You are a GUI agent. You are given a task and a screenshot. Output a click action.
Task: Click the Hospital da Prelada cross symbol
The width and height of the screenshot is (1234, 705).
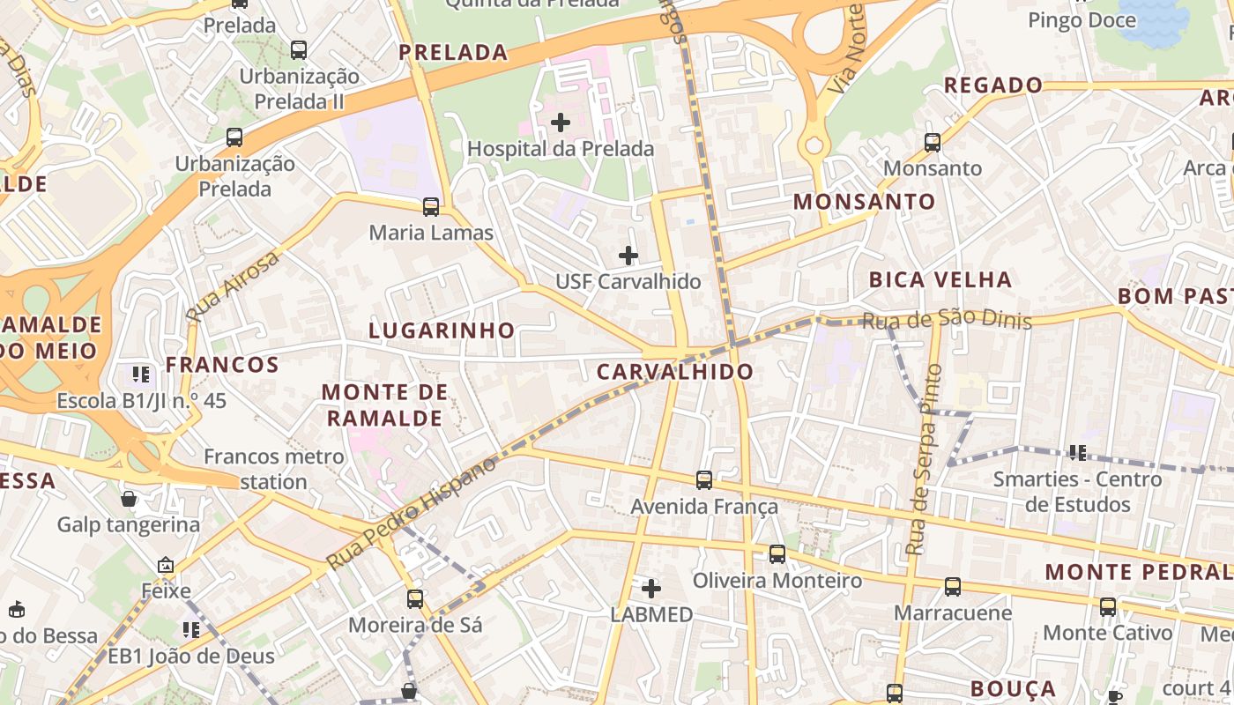click(561, 122)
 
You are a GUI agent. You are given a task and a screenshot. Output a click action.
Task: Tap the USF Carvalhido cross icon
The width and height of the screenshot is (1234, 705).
click(628, 256)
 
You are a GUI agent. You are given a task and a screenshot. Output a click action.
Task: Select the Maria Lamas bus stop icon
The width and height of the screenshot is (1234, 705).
click(431, 207)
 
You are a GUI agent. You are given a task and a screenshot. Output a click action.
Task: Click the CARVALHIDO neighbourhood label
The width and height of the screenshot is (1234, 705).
click(675, 372)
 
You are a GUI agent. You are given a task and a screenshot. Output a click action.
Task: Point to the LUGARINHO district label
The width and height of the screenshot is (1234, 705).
click(442, 330)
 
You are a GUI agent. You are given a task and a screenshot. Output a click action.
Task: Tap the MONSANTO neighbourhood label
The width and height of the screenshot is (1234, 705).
click(864, 202)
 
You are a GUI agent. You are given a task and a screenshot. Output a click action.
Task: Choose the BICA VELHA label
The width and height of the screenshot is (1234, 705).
click(940, 280)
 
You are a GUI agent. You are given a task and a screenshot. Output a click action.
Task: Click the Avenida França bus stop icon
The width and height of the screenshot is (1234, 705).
click(704, 480)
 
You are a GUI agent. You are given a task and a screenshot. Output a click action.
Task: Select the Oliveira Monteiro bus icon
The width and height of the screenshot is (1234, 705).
click(777, 554)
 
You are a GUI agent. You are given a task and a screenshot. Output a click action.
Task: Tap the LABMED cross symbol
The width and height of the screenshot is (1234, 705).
click(651, 588)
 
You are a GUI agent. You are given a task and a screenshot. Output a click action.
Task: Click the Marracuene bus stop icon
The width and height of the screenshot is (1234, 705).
click(952, 587)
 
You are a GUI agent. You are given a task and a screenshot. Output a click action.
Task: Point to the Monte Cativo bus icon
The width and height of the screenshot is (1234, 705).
click(1108, 607)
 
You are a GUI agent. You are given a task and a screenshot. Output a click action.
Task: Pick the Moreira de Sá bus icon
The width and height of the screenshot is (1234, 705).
click(415, 599)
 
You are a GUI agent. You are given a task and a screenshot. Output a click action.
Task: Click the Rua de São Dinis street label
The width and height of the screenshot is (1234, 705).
click(947, 320)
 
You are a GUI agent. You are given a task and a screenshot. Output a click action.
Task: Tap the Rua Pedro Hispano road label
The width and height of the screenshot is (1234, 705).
click(412, 512)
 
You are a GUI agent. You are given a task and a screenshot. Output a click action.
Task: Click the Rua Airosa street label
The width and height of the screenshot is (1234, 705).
click(232, 286)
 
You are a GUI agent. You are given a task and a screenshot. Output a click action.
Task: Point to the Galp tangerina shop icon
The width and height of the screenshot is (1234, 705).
click(129, 500)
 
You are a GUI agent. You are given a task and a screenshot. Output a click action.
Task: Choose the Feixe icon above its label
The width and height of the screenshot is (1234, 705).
click(166, 565)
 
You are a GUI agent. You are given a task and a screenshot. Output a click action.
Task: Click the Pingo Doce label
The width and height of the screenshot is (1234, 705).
click(1082, 19)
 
